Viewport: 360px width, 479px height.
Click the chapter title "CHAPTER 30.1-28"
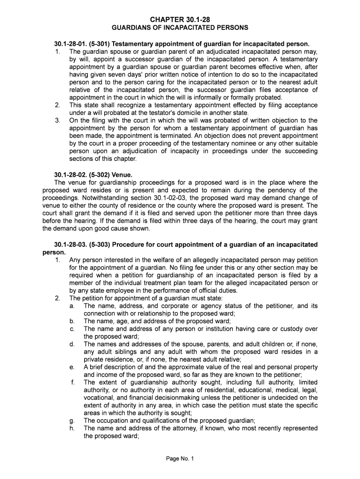(180, 19)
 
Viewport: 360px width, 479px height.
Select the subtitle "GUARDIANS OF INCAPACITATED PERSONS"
(180, 28)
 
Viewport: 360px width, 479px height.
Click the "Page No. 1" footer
(180, 458)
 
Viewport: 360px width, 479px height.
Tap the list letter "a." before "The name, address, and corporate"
(72, 306)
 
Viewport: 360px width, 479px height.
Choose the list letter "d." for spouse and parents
(72, 344)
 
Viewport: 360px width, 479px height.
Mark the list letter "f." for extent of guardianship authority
(73, 383)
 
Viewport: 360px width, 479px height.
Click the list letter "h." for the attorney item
(72, 428)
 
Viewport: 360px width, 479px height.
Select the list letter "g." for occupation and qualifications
(72, 421)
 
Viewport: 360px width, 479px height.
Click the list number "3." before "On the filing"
(58, 121)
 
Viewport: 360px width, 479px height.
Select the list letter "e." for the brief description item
(72, 367)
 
